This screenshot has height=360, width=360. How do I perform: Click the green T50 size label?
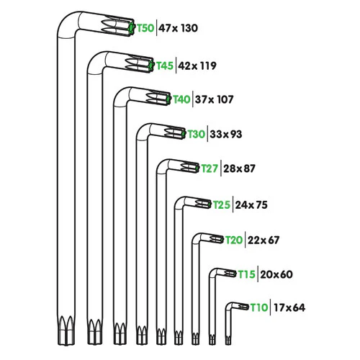[145, 28]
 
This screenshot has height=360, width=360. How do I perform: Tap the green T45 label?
[165, 66]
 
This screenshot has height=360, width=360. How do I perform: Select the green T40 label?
[181, 99]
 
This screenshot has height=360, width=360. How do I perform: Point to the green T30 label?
[197, 134]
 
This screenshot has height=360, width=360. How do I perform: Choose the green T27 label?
[210, 168]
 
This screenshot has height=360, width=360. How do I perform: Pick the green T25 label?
[222, 205]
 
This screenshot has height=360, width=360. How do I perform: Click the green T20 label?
[234, 240]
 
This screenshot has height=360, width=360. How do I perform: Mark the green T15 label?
[247, 274]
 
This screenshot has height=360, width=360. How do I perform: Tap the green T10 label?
[259, 307]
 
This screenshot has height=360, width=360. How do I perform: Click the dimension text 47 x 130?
[179, 28]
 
